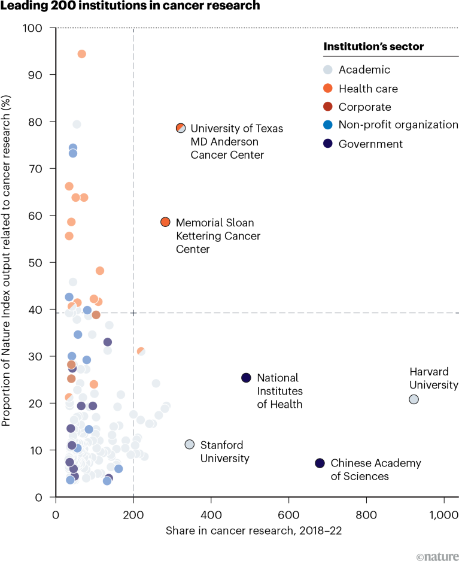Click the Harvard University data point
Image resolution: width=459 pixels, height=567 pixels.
414,399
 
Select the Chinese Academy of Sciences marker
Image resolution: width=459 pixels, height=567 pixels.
320,463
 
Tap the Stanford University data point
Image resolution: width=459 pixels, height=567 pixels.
190,444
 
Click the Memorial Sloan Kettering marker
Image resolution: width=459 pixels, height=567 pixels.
166,222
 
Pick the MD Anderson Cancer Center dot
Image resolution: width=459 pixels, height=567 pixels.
181,128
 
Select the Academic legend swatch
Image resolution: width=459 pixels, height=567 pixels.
327,70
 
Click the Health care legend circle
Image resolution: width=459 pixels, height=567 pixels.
327,89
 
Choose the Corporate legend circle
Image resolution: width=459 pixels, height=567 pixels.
327,107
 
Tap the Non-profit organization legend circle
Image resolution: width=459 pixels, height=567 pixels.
327,125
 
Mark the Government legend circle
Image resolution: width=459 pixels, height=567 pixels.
327,144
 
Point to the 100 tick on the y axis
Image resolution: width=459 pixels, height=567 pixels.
40,28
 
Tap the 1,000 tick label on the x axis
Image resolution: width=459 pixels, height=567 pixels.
443,513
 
